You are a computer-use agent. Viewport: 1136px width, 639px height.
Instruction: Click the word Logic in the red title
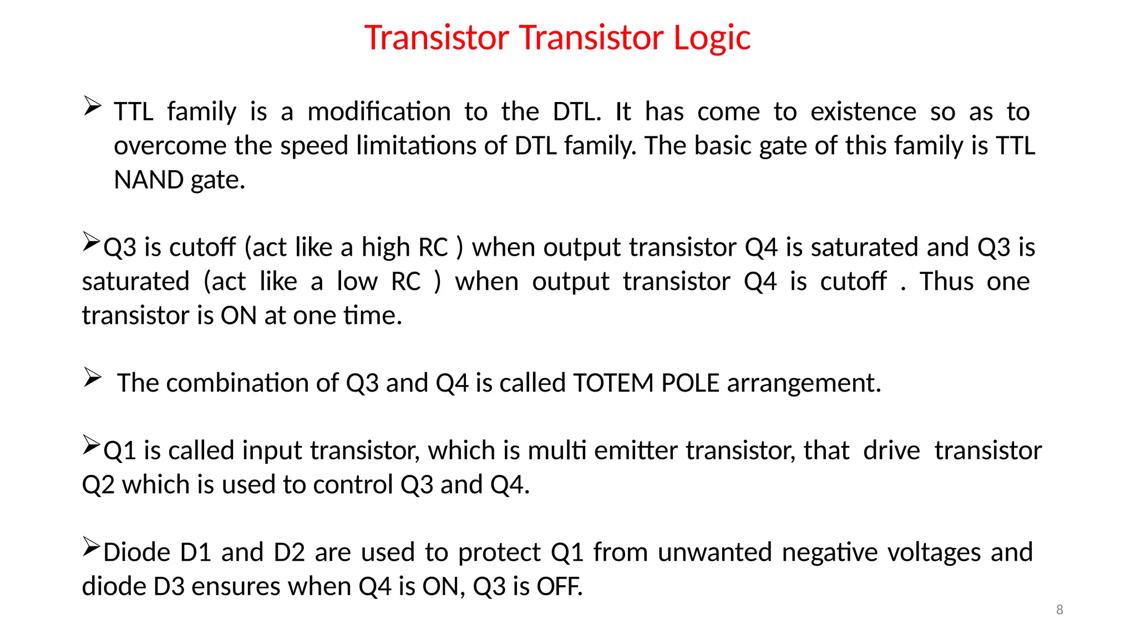click(x=712, y=38)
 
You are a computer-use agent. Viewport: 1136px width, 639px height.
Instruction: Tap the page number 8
click(x=1059, y=610)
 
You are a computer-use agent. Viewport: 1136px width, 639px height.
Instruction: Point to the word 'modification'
click(x=379, y=111)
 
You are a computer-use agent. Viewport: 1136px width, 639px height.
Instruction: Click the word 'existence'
click(x=863, y=111)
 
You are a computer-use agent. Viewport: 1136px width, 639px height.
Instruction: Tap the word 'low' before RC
click(x=357, y=281)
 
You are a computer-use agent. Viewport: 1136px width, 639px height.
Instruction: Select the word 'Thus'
click(x=946, y=281)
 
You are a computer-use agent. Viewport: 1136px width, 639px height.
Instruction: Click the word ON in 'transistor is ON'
click(x=239, y=316)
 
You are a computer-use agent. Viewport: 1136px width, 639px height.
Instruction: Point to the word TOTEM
click(x=613, y=383)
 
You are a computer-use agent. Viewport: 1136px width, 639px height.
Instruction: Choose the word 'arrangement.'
click(x=804, y=383)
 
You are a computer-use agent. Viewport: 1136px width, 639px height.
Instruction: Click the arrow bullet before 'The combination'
click(x=92, y=377)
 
